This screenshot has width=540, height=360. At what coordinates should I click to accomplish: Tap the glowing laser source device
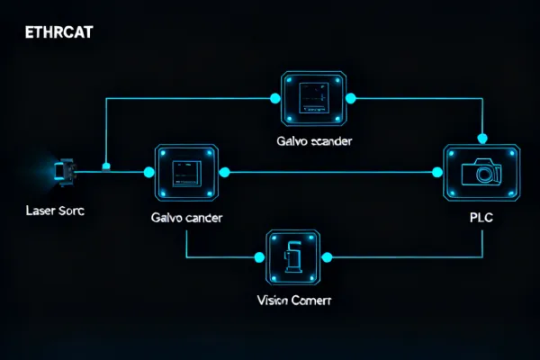[x=63, y=170]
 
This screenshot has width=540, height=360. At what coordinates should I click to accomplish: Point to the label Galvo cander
[x=188, y=218]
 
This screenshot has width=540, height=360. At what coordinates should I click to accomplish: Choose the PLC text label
[x=481, y=218]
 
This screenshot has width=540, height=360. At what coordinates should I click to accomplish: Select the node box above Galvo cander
[x=187, y=171]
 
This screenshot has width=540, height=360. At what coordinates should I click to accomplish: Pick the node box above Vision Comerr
[x=292, y=256]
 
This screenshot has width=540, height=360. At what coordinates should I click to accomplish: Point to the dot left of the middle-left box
[x=149, y=171]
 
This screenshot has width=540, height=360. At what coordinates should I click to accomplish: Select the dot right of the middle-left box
[x=225, y=171]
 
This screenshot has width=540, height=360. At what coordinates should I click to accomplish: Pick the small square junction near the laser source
[x=106, y=166]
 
